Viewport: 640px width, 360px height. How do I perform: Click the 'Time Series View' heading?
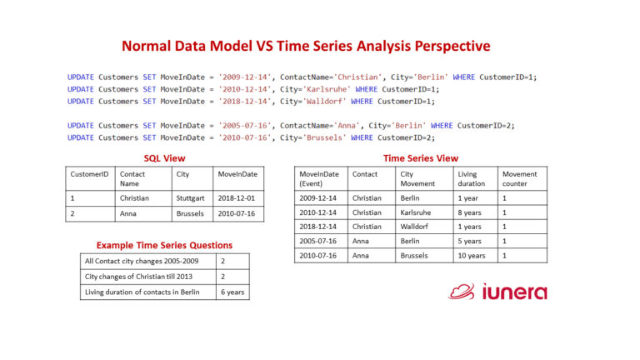[x=420, y=157]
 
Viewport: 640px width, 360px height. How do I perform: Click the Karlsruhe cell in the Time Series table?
[x=417, y=212]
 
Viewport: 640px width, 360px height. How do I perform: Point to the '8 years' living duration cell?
[x=470, y=212]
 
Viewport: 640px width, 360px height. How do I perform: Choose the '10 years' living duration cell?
[x=472, y=255]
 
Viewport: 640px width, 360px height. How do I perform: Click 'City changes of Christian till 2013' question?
[x=133, y=277]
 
